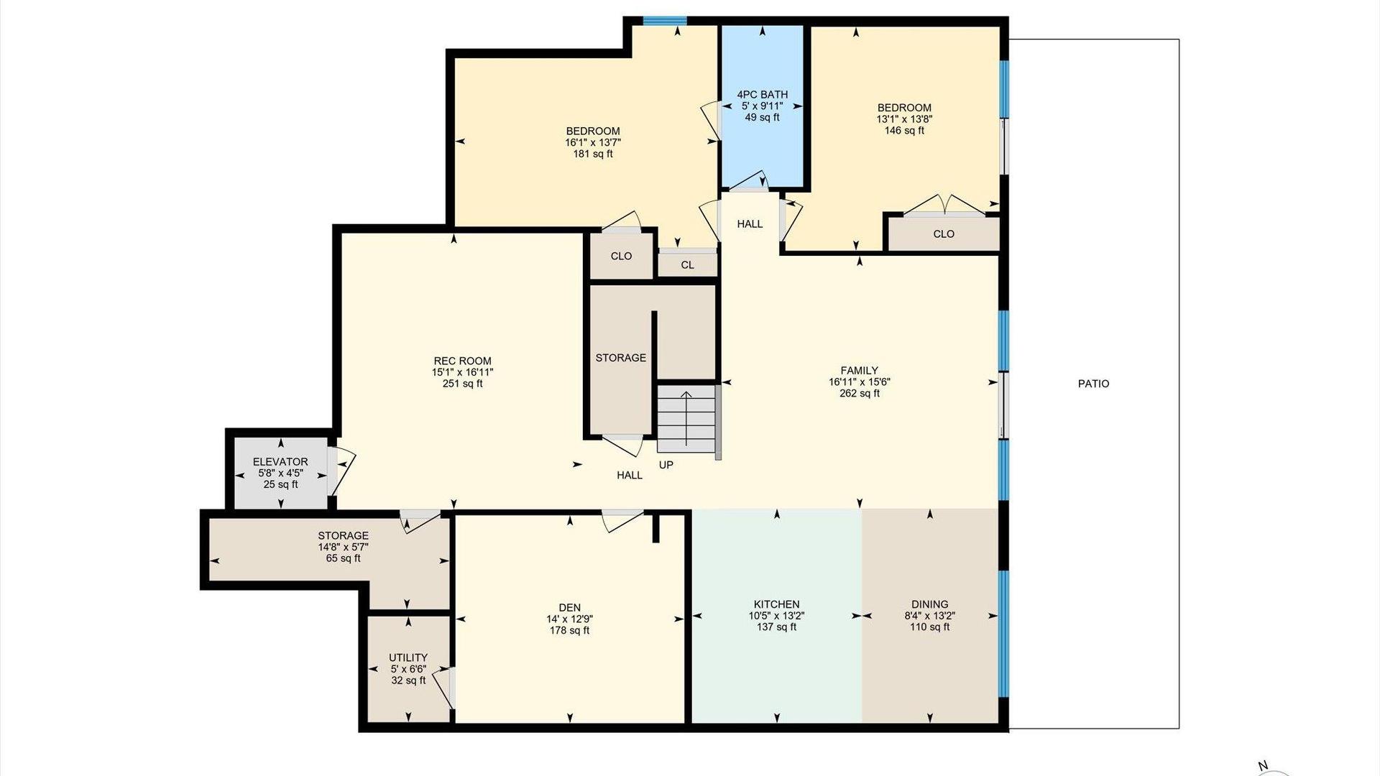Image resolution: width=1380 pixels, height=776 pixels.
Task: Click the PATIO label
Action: pyautogui.click(x=1093, y=384)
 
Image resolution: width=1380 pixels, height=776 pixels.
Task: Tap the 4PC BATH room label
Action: pyautogui.click(x=762, y=94)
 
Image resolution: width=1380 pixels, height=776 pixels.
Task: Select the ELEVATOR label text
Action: pyautogui.click(x=280, y=462)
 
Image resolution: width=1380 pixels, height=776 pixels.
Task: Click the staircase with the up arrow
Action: pyautogui.click(x=687, y=419)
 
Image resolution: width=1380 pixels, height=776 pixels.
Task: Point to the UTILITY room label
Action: pyautogui.click(x=408, y=657)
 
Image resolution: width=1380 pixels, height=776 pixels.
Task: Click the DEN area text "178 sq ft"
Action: pyautogui.click(x=569, y=631)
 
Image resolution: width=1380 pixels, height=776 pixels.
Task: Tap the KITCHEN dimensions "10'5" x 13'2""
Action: pyautogui.click(x=776, y=616)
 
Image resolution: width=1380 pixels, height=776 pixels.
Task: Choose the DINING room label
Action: pyautogui.click(x=929, y=604)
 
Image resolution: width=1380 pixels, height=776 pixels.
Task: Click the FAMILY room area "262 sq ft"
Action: pyautogui.click(x=860, y=394)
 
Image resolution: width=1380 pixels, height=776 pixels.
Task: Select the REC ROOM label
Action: pyautogui.click(x=462, y=361)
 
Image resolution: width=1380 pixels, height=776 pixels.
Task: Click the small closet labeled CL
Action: pyautogui.click(x=688, y=264)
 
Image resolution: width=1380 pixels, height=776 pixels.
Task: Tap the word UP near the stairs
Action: pyautogui.click(x=666, y=465)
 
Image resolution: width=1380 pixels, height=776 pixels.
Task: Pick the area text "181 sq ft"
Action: pyautogui.click(x=593, y=154)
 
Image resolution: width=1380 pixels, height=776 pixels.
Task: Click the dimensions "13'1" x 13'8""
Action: pyautogui.click(x=904, y=119)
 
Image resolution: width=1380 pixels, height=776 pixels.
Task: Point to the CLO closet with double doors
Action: pyautogui.click(x=944, y=234)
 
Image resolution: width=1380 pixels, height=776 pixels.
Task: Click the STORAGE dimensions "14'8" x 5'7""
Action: pyautogui.click(x=344, y=547)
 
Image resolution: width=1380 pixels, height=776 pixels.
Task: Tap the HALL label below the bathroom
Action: pyautogui.click(x=750, y=224)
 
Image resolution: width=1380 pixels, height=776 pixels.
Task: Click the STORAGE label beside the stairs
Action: pyautogui.click(x=620, y=358)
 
